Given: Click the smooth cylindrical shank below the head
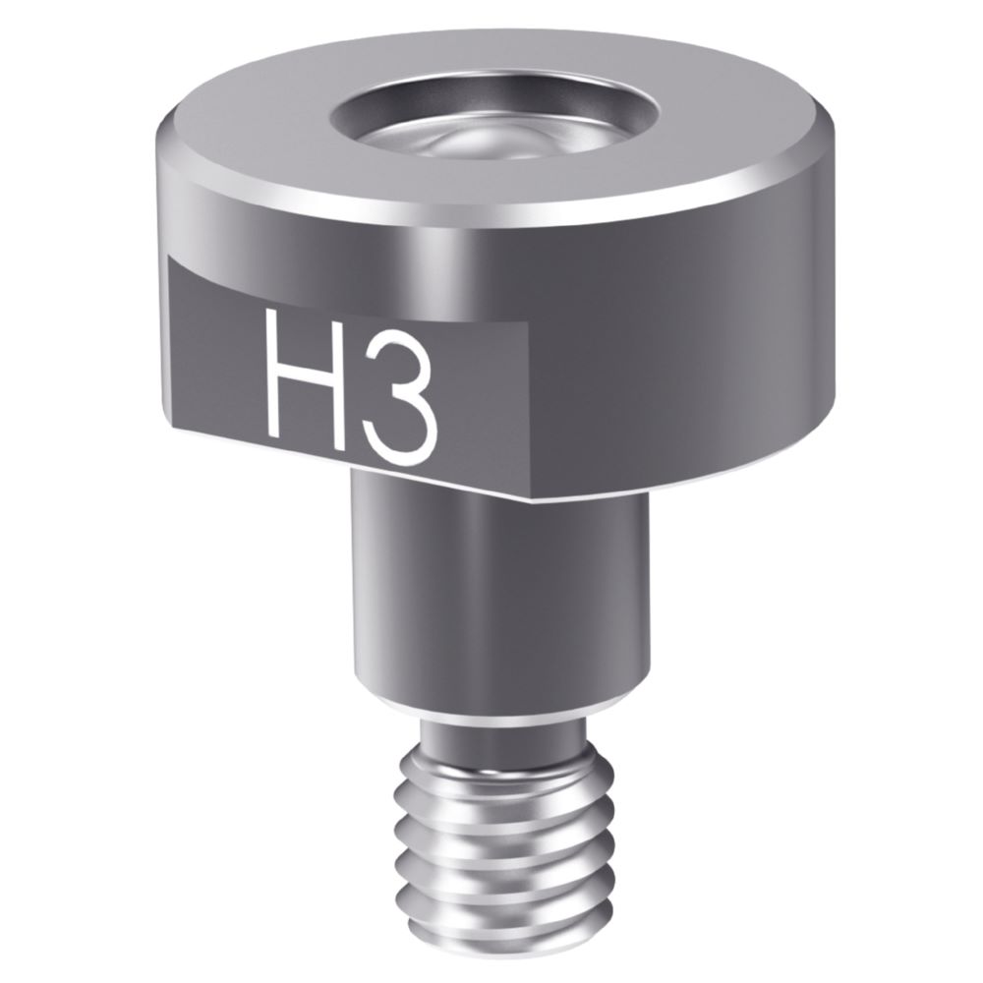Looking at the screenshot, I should (x=501, y=590).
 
